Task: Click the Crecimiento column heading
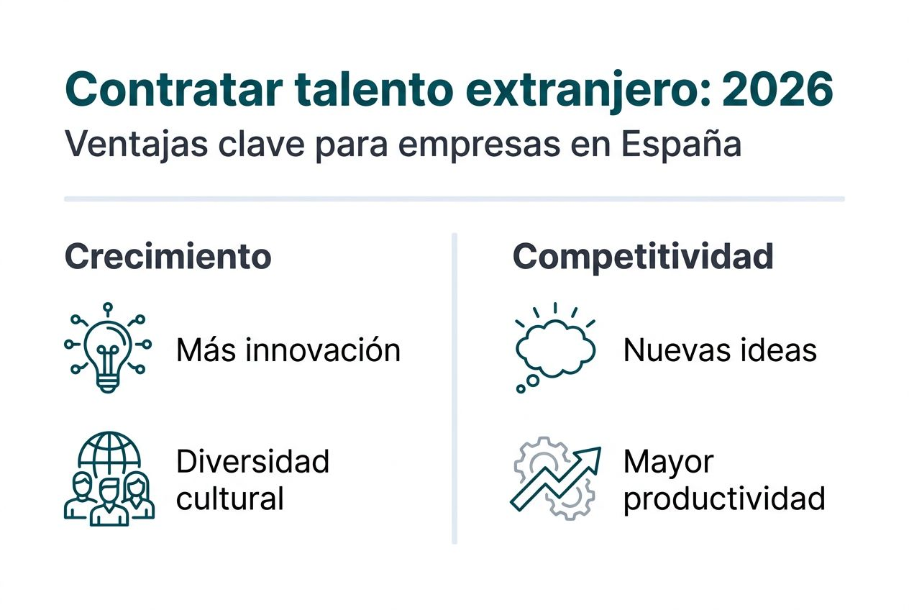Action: (168, 257)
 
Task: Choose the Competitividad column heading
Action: (643, 257)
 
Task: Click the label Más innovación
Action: (288, 350)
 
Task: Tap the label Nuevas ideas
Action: (720, 350)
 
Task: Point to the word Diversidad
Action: (252, 461)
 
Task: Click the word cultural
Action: (230, 499)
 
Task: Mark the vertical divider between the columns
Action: (454, 388)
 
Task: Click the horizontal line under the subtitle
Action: (454, 199)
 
